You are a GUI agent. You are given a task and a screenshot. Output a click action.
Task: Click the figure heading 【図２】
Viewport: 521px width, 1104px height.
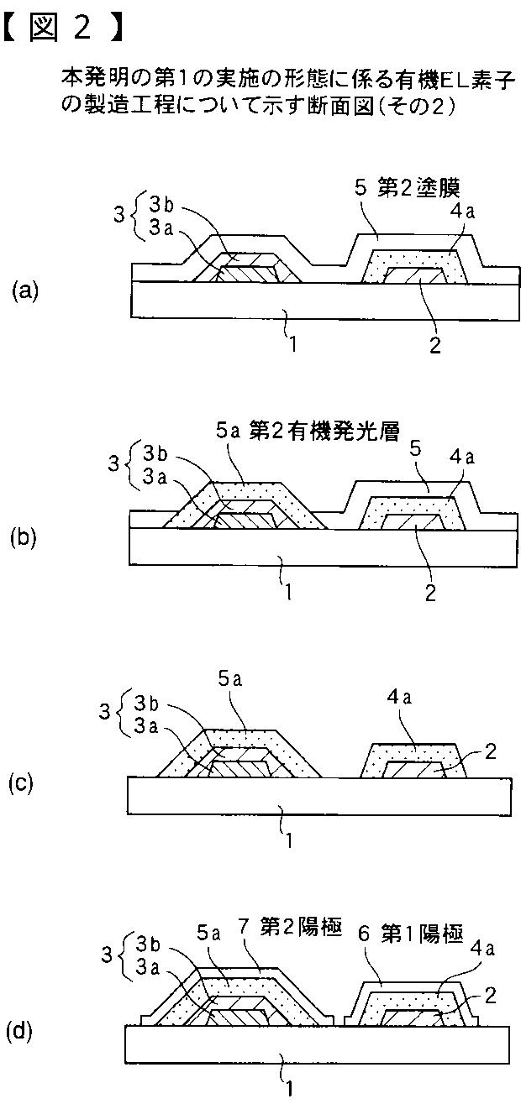click(62, 28)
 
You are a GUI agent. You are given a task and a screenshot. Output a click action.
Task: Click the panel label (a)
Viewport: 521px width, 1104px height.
click(25, 290)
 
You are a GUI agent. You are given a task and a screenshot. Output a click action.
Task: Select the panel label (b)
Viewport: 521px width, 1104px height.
click(24, 537)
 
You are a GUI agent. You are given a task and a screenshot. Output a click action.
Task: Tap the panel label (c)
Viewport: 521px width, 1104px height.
click(21, 783)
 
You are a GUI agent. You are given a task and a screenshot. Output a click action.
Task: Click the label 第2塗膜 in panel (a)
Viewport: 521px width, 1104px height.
click(418, 188)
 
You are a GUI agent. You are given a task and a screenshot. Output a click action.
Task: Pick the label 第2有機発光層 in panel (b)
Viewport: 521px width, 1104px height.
click(324, 432)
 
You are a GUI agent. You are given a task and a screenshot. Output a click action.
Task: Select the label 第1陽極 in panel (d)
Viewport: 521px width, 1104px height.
click(422, 934)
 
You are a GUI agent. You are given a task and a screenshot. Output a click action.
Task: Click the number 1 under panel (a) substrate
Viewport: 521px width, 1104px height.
click(293, 344)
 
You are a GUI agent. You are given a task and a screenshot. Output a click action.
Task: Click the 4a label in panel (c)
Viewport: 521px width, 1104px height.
click(399, 698)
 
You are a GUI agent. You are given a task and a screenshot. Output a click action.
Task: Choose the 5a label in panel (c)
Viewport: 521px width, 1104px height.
click(230, 679)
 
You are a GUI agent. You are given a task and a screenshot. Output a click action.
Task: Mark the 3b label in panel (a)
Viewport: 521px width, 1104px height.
click(162, 206)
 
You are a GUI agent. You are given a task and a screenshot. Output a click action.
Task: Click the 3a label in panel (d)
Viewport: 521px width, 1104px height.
click(148, 966)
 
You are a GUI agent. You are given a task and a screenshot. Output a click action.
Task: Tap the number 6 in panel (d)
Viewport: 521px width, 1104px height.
click(364, 934)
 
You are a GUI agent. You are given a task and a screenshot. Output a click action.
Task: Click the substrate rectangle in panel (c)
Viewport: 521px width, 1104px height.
click(319, 796)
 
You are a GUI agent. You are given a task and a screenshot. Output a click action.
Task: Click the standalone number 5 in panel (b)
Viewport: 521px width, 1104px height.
click(416, 449)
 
